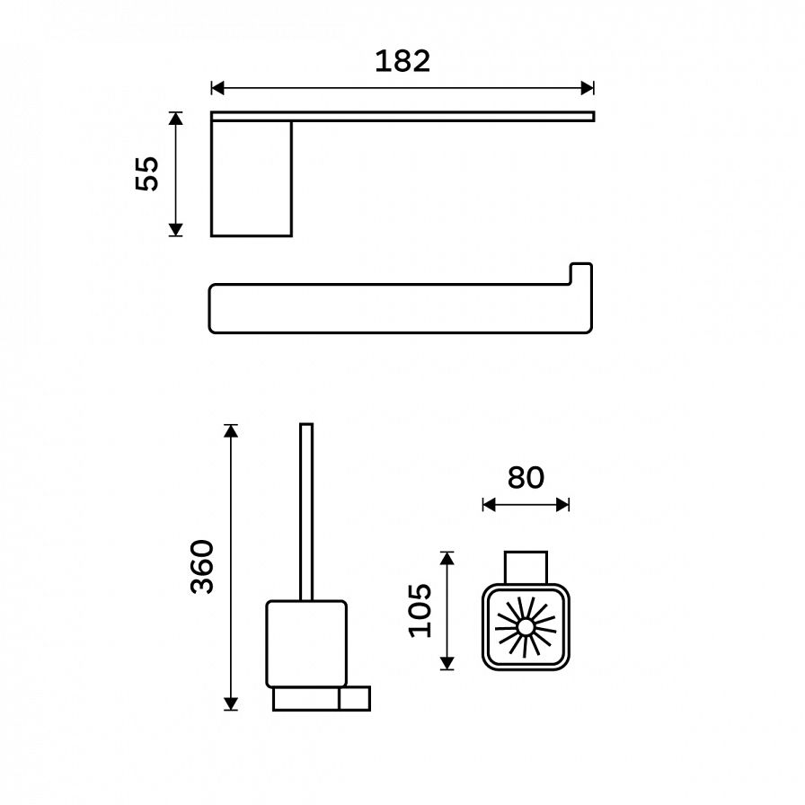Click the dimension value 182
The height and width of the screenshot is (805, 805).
(402, 62)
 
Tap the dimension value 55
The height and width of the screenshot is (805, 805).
(147, 173)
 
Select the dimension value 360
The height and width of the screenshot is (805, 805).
(202, 567)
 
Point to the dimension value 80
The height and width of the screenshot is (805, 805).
(526, 477)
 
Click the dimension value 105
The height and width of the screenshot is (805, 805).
(420, 610)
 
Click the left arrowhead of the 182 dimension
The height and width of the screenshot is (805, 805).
(217, 88)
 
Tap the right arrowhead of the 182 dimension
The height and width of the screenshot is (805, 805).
(588, 88)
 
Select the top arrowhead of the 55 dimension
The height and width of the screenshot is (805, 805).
(175, 119)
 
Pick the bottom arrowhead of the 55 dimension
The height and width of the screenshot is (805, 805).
(175, 230)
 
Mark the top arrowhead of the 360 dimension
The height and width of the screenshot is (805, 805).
(231, 430)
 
